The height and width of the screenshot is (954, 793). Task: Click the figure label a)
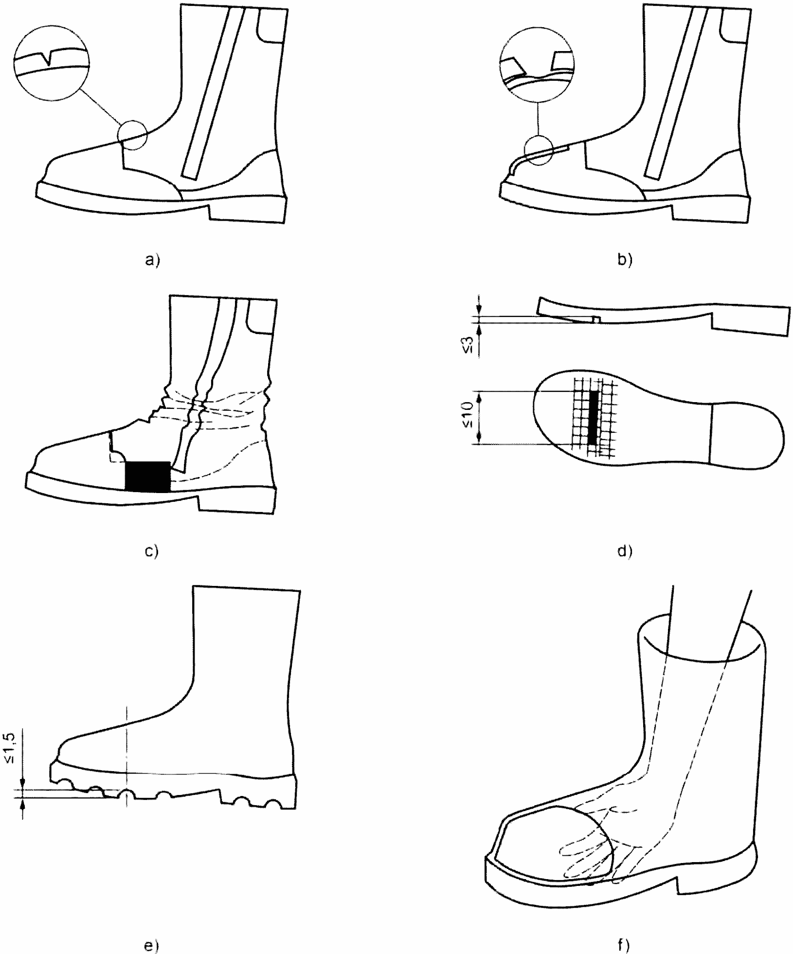[152, 261]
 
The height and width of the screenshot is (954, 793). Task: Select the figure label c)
[152, 551]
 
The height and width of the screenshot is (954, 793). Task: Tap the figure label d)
[624, 551]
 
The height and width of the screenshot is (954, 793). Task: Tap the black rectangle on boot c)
[147, 476]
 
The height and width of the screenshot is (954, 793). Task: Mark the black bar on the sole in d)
[593, 417]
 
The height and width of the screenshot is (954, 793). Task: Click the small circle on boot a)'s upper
[132, 135]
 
